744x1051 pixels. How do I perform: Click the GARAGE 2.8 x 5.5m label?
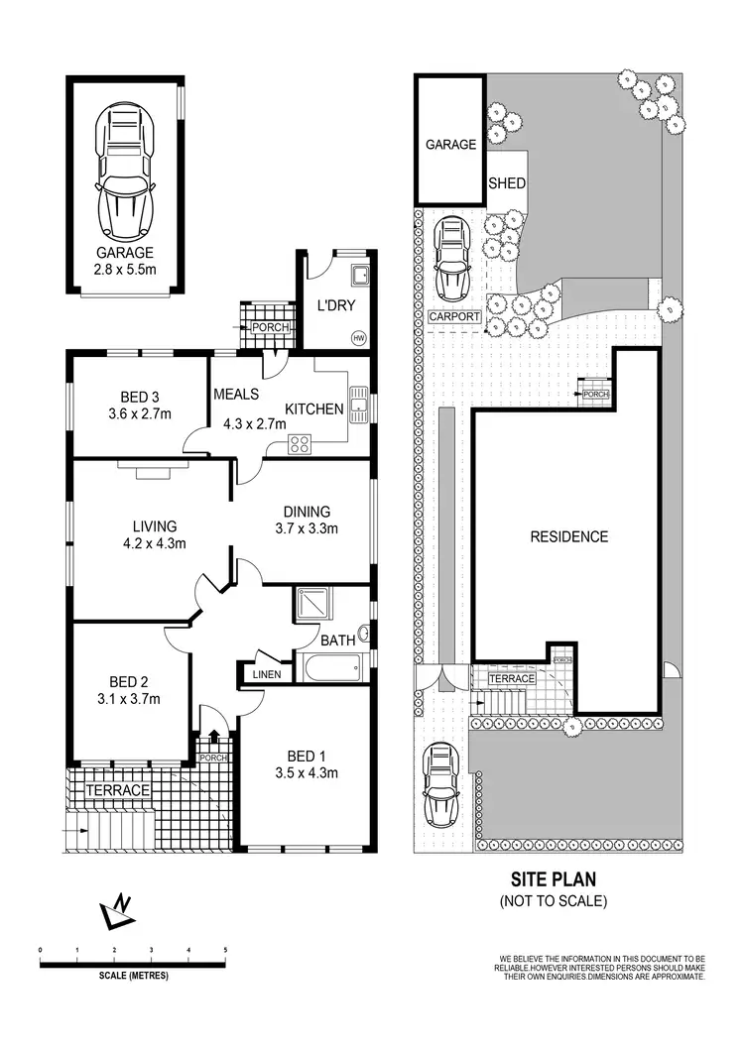coord(125,260)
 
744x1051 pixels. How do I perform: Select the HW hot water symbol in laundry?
coord(358,338)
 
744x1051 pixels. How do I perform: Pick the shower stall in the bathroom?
coord(315,604)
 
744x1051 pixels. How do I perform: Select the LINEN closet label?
coord(266,675)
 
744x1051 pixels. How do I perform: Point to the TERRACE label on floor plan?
coord(117,790)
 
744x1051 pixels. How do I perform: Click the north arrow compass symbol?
coord(117,910)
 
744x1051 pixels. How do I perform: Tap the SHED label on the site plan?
coord(507,183)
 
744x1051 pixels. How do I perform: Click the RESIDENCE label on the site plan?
coord(568,536)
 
